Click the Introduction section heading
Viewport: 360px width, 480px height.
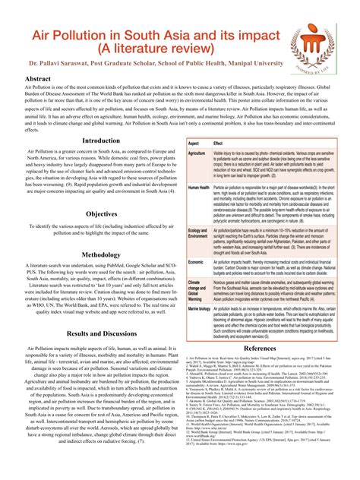101,141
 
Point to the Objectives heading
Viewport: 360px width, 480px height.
101,214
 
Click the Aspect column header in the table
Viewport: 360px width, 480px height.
194,143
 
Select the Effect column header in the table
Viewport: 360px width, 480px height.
219,143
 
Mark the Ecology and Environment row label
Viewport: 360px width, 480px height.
198,232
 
